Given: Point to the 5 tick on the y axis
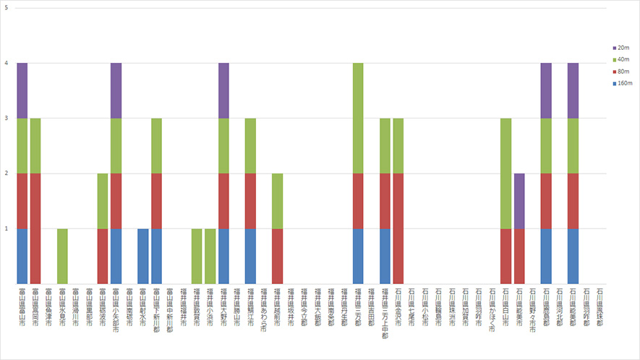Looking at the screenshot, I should click(x=6, y=8).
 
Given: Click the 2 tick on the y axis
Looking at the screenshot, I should click(x=6, y=173).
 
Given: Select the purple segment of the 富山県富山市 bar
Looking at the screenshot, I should click(x=22, y=90).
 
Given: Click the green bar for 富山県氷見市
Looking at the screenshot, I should click(x=62, y=256).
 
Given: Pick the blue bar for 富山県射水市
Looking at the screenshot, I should click(x=143, y=256).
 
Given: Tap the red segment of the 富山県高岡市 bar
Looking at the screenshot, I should click(x=35, y=228).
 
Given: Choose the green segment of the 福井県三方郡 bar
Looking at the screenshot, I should click(x=358, y=119).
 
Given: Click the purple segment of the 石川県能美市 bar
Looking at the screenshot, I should click(x=519, y=201).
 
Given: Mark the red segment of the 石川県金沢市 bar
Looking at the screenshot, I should click(x=398, y=228).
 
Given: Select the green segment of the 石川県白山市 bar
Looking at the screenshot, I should click(x=506, y=173).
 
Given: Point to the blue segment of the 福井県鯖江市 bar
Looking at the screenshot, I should click(x=250, y=256).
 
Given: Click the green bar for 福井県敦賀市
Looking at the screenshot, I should click(x=197, y=256).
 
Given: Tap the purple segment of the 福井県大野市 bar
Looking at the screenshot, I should click(x=223, y=90).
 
